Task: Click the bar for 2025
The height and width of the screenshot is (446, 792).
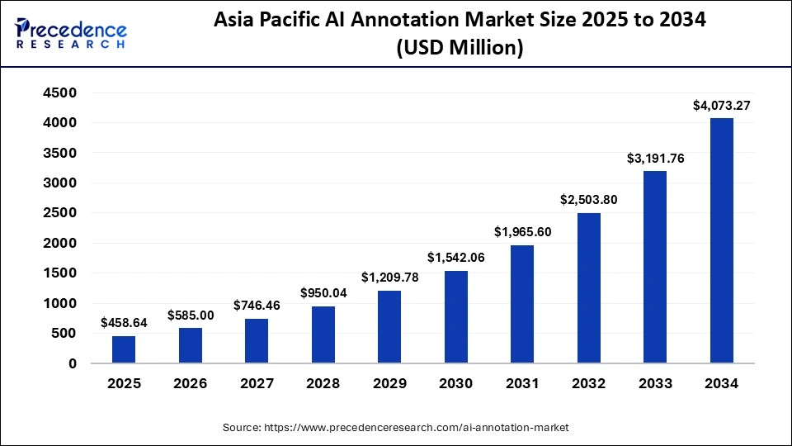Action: tap(124, 349)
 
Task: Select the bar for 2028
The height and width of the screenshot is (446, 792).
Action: tap(323, 334)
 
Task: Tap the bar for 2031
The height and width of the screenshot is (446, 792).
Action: tap(521, 304)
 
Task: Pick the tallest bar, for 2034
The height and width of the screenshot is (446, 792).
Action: tap(721, 240)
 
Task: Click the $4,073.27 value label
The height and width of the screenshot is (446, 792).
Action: tap(721, 105)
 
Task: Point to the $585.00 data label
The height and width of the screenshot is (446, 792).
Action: tap(191, 315)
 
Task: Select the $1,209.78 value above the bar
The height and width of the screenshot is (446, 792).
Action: tap(389, 278)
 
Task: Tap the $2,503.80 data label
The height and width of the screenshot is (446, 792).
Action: tap(588, 199)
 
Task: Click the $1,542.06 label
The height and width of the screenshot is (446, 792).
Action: tap(455, 258)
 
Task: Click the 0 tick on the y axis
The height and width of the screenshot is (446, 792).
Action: tap(73, 363)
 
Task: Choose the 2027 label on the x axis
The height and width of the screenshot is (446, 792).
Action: tap(257, 384)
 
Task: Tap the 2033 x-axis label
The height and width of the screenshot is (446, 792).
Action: tap(655, 384)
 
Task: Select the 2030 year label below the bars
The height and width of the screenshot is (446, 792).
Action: tap(455, 384)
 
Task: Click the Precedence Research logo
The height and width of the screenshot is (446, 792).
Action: tap(70, 33)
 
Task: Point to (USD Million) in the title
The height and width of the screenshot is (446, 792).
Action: tap(460, 49)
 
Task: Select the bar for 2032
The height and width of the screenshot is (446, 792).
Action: tap(588, 288)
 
